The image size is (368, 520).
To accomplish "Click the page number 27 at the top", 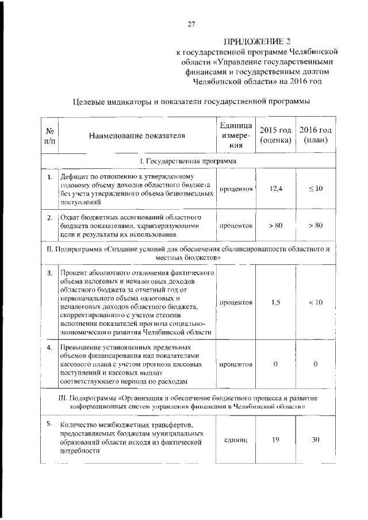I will point(191,25).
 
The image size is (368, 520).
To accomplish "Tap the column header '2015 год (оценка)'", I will point(275,136).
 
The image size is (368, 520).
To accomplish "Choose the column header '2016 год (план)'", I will point(315,136).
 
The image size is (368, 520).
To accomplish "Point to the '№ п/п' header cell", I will point(49,136).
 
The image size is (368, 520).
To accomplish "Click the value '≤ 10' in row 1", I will point(315,189).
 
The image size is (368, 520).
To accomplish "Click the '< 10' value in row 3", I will point(315,302).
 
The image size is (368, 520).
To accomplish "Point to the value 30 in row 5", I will point(315,440).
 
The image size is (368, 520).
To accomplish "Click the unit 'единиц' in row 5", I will point(236,440).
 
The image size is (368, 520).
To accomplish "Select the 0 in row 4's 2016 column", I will point(315,364).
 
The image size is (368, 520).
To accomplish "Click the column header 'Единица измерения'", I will point(236,136).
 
